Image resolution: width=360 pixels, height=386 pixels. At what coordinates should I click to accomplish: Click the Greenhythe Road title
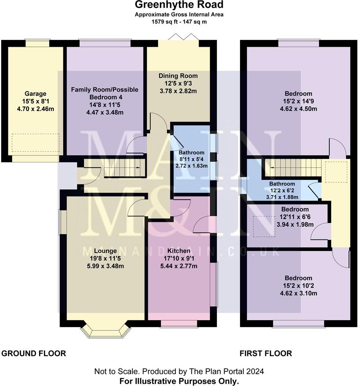(x=179, y=5)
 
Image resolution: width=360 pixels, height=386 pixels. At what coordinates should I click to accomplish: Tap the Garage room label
(x=35, y=94)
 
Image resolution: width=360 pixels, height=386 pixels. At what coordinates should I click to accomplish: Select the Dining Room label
(x=178, y=76)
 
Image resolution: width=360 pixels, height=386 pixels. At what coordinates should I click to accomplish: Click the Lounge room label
(x=105, y=251)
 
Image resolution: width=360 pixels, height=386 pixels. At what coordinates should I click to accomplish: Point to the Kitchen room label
(x=179, y=251)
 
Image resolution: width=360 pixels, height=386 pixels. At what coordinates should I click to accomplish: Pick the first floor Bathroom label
(x=282, y=184)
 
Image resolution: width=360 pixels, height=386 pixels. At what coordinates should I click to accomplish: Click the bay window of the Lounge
(x=105, y=329)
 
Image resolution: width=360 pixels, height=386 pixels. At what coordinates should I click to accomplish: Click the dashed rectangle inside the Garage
(x=35, y=143)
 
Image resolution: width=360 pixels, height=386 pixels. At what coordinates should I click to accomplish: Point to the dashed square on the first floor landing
(x=336, y=172)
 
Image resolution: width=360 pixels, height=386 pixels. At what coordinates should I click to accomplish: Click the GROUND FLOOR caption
(x=34, y=353)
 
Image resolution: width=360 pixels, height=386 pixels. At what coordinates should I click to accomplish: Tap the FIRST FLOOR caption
(x=266, y=353)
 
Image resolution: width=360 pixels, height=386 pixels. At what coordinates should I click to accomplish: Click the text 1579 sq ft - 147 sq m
(x=179, y=22)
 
